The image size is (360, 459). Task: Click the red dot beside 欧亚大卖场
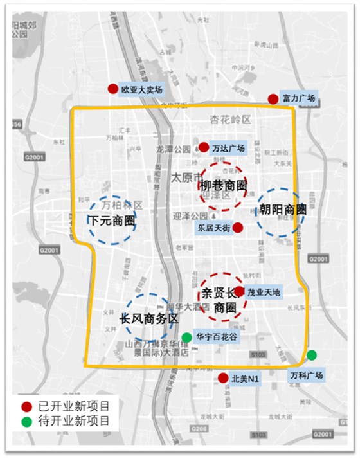[113, 89]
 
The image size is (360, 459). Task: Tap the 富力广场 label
[300, 98]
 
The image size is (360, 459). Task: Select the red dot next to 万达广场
[204, 147]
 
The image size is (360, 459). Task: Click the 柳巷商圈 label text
[223, 186]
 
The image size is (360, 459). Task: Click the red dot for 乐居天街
[237, 227]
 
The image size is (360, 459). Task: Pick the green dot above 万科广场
[312, 355]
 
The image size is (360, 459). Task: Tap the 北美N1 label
[245, 379]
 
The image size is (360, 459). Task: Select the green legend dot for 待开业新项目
[26, 422]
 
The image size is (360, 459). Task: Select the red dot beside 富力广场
[273, 98]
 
